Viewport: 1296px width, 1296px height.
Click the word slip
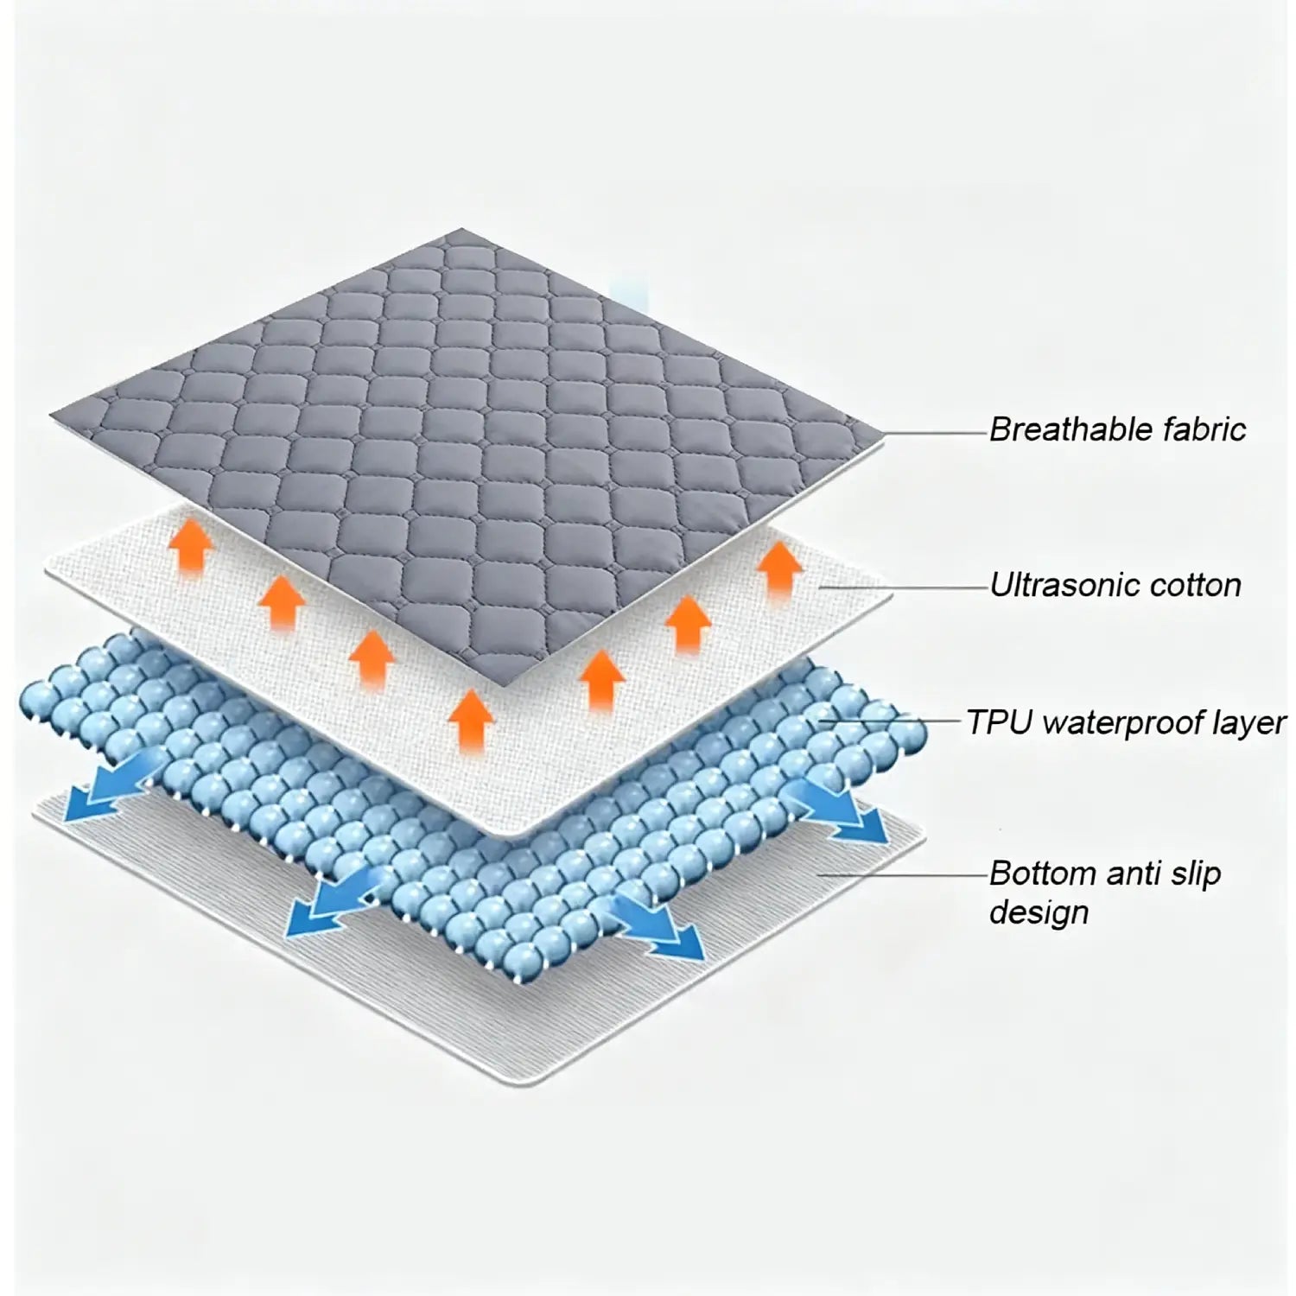(1193, 874)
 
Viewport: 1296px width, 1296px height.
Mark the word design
(1039, 913)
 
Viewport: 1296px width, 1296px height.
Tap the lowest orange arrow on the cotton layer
(471, 718)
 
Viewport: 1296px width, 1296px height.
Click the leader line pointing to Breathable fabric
(937, 431)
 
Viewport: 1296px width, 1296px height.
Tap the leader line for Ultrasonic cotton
(904, 588)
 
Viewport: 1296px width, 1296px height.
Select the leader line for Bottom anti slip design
(904, 874)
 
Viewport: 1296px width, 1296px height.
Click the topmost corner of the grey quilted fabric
(464, 228)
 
